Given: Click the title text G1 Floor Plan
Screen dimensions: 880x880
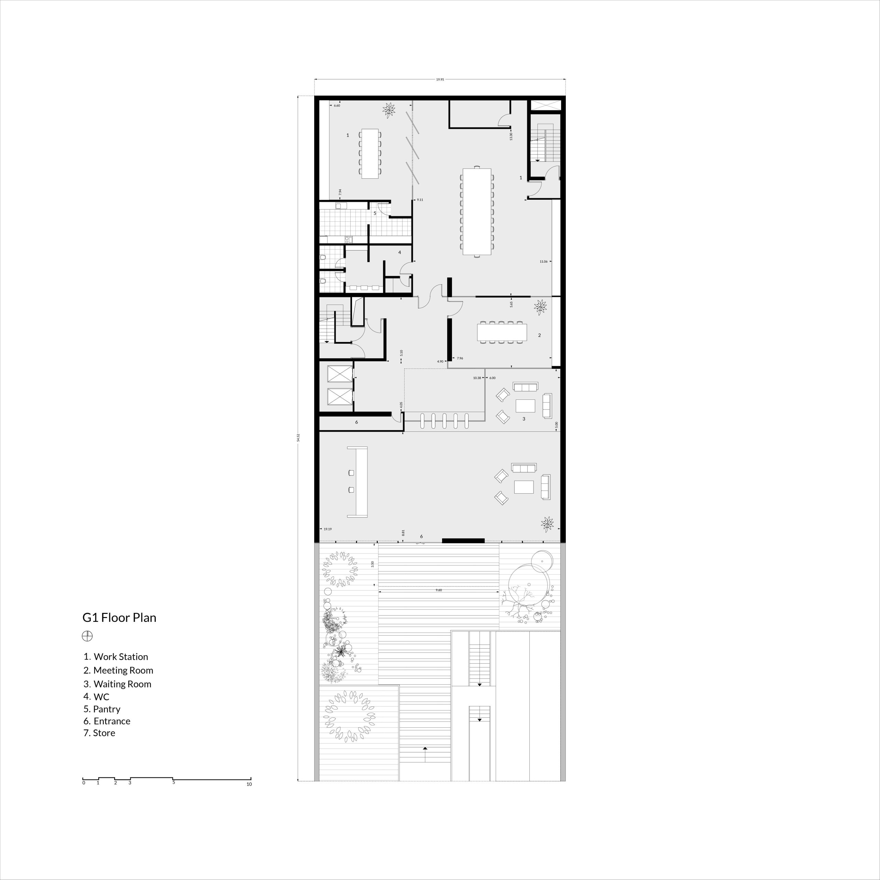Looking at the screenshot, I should click(119, 618).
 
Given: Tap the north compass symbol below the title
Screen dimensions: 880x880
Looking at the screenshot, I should click(87, 636).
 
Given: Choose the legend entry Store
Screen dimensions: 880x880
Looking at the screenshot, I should click(99, 733).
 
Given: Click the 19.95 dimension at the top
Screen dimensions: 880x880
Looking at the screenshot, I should click(440, 80).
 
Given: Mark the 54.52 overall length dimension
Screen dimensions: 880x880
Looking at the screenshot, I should click(298, 437).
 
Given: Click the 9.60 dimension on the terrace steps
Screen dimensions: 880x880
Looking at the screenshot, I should click(439, 590).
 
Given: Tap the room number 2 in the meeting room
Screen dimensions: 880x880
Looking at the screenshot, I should click(539, 335).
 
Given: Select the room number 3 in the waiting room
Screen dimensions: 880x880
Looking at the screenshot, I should click(524, 419).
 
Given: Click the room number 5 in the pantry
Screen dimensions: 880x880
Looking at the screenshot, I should click(375, 213).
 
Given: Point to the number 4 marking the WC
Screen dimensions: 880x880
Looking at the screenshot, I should click(399, 252).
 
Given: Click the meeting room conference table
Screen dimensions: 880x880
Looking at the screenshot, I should click(502, 332).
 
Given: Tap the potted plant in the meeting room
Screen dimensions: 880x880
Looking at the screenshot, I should click(541, 307).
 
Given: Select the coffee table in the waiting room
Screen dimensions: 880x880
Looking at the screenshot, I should click(525, 405).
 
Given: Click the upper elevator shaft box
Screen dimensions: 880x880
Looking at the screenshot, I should click(340, 374).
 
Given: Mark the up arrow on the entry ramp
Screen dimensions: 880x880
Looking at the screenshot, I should click(425, 748).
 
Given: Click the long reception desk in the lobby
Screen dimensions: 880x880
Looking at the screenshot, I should click(357, 482).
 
